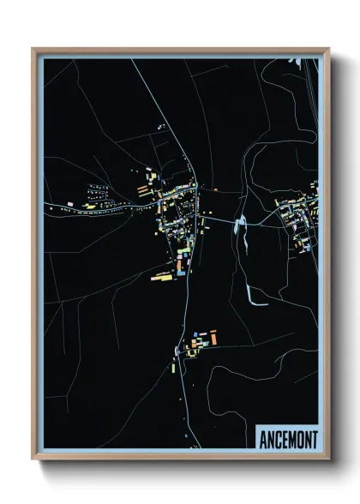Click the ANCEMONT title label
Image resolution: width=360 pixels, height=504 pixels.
287,440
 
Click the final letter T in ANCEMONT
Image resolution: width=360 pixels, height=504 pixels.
314,440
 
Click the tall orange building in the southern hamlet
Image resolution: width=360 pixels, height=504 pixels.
213,339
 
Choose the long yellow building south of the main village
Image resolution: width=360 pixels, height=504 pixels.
162,277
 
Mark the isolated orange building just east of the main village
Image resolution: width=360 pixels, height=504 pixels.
215,189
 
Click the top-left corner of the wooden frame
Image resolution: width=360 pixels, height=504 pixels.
33,50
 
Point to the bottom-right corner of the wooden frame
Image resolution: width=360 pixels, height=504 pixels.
328,459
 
